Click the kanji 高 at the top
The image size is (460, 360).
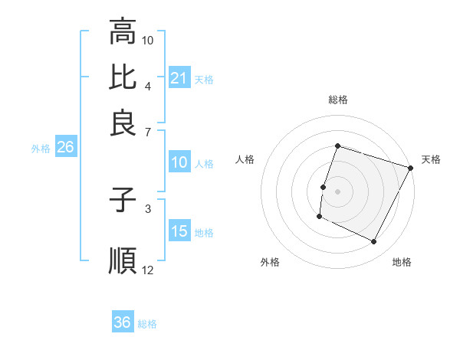click(123, 32)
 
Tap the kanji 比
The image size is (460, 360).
click(123, 77)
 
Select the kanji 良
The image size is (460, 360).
click(123, 123)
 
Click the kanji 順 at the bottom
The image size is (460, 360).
click(123, 260)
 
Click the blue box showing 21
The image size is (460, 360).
click(179, 78)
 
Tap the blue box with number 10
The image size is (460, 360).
click(179, 162)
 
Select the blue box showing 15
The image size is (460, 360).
click(179, 232)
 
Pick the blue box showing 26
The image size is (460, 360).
click(65, 148)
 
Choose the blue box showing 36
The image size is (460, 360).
click(123, 322)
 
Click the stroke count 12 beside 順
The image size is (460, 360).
click(148, 270)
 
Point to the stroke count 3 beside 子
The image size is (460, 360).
click(148, 208)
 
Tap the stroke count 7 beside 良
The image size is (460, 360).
click(148, 131)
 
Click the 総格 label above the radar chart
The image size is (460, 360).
click(337, 100)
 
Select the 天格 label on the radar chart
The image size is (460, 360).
click(431, 159)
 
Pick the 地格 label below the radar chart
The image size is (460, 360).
click(402, 262)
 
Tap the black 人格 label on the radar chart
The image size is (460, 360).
click(245, 159)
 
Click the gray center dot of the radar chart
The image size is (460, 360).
click(337, 191)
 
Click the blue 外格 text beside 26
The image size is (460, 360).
click(41, 149)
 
